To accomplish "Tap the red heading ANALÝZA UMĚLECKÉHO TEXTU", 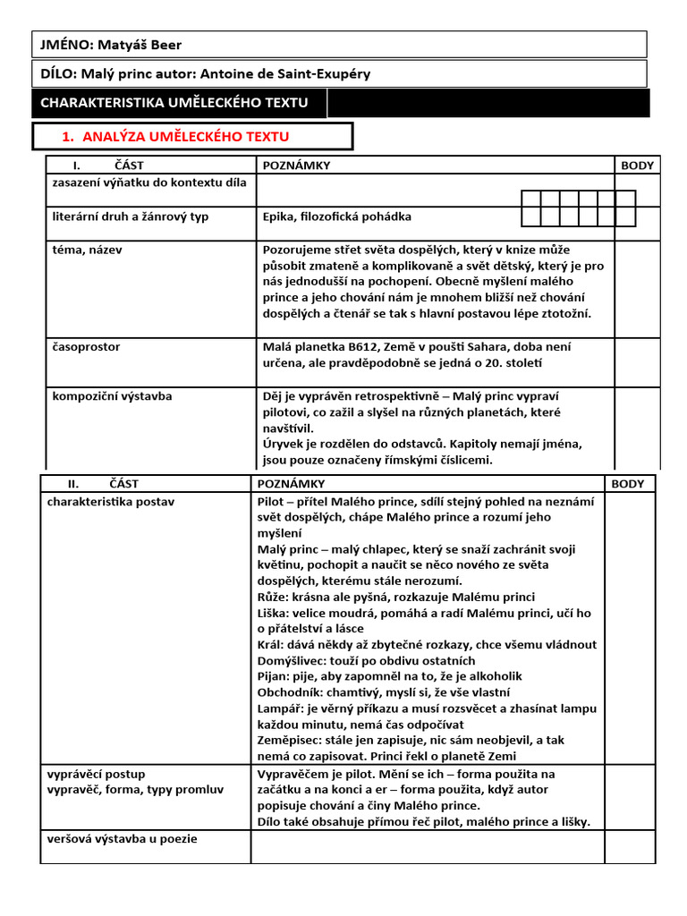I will click(x=185, y=136).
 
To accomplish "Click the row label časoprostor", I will click(x=86, y=346).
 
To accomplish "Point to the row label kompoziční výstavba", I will click(x=112, y=395).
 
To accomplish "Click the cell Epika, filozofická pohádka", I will click(x=337, y=216).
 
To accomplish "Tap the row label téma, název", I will click(x=87, y=250).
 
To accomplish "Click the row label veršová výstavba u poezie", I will click(x=122, y=838).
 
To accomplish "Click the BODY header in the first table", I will click(x=637, y=165).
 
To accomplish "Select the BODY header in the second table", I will click(x=627, y=484).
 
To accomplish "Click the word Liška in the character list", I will click(x=272, y=614).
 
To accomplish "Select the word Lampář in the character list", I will click(x=277, y=708).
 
